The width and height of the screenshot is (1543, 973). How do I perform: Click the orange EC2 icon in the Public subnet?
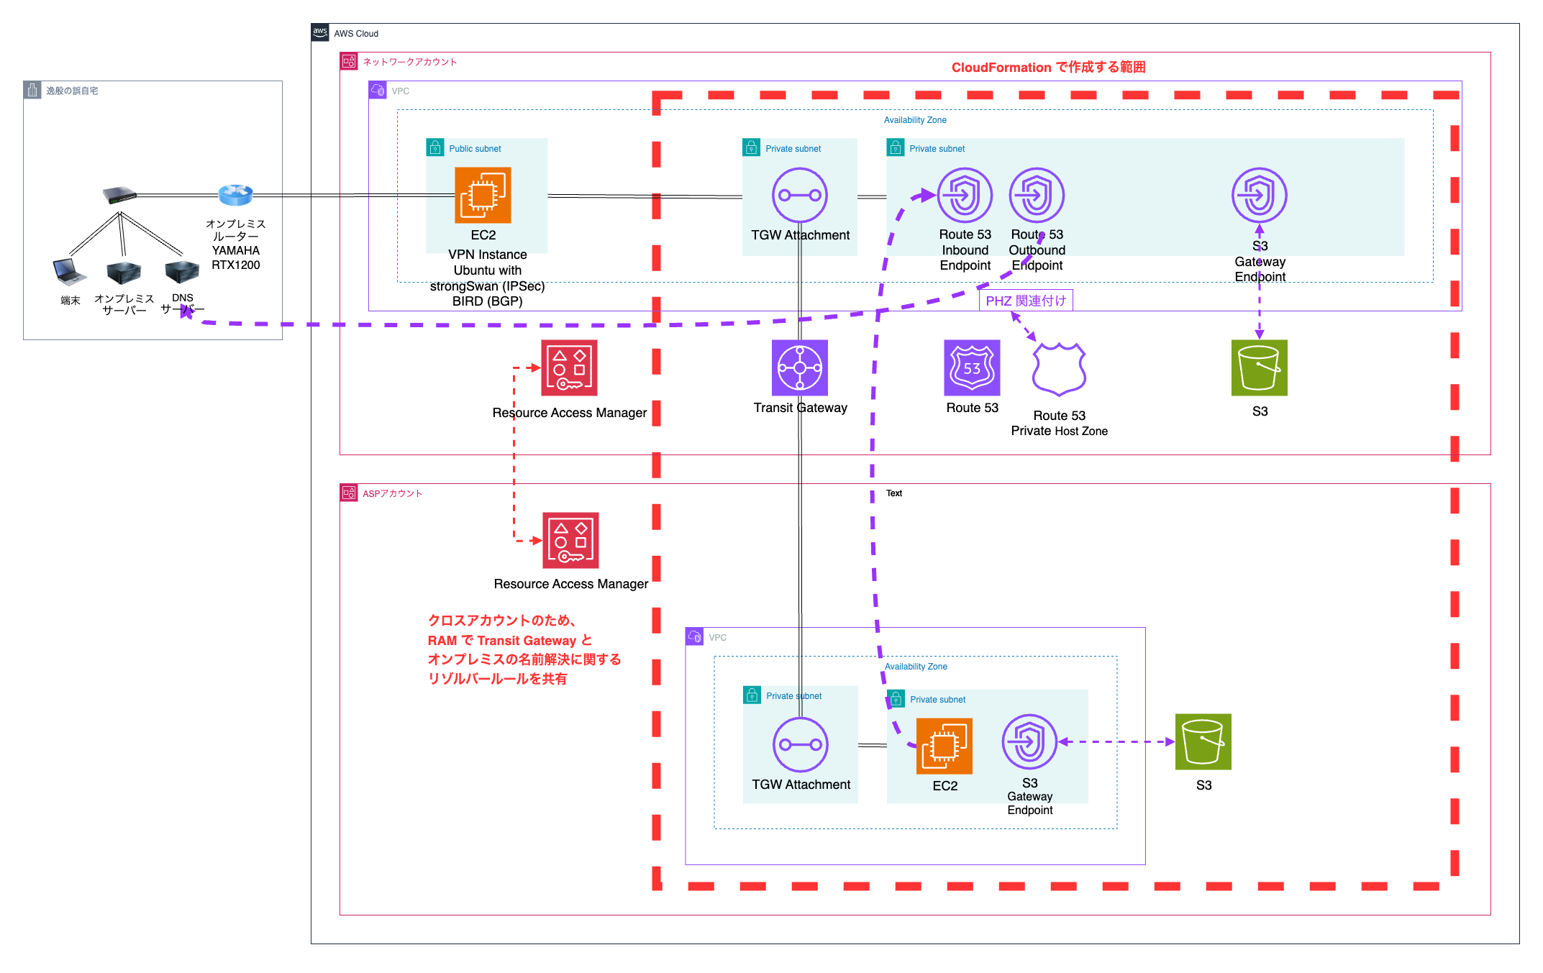tap(483, 195)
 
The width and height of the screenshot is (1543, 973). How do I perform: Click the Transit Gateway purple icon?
tap(799, 367)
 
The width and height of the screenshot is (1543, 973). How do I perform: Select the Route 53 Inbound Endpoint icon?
tap(965, 195)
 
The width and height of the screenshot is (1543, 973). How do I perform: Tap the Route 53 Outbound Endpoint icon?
tap(1037, 195)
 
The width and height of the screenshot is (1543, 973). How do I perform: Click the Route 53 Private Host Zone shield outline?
tap(1058, 370)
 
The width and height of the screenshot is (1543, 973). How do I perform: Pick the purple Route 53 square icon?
tap(972, 367)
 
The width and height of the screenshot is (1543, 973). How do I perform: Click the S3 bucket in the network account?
tap(1259, 367)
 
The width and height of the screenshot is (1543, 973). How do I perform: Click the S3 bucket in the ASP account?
tap(1203, 741)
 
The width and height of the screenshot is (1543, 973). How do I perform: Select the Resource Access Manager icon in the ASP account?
tap(570, 540)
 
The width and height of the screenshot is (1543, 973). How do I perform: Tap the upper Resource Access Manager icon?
tap(569, 367)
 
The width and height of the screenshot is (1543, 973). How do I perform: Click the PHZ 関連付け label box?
tap(1026, 301)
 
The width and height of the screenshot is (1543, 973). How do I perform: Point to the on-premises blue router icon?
tap(235, 194)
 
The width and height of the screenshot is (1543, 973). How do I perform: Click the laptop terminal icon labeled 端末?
tap(70, 272)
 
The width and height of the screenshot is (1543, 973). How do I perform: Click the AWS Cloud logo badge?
tap(320, 32)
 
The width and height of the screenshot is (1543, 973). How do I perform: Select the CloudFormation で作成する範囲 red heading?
tap(1048, 67)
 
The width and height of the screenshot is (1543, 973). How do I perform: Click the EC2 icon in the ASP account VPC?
tap(944, 746)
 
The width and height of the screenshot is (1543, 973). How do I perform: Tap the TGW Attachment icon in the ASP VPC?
tap(800, 744)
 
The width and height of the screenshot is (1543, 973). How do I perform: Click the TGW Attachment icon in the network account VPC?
tap(799, 195)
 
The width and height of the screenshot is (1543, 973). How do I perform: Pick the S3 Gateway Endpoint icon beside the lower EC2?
tap(1029, 741)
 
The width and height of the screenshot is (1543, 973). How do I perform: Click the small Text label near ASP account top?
tap(893, 493)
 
